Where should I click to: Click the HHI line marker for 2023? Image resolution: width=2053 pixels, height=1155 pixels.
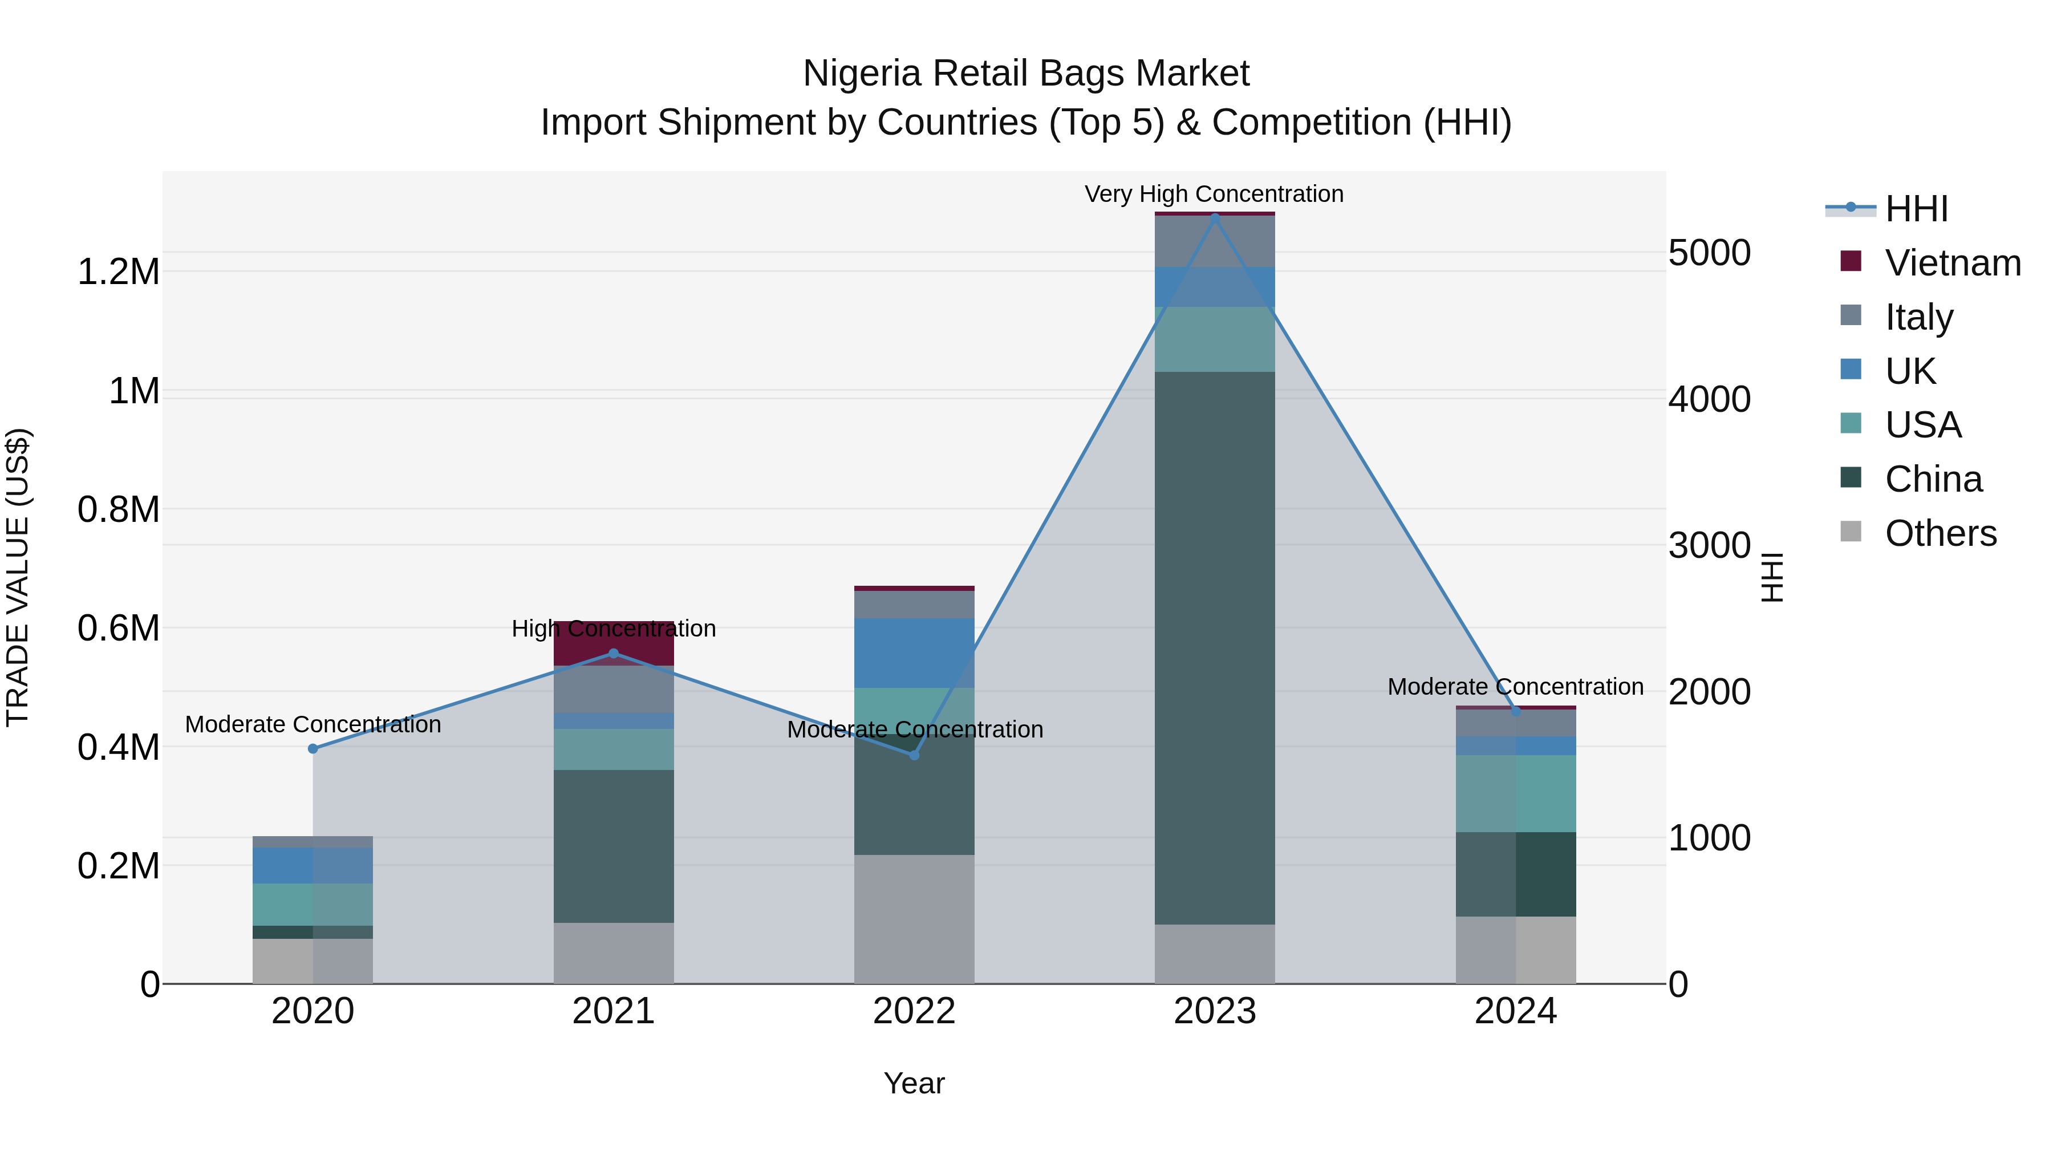tap(1215, 217)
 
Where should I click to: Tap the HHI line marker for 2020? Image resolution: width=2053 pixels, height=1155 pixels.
tap(313, 748)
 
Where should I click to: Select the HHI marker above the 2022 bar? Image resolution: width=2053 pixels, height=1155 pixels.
tap(914, 755)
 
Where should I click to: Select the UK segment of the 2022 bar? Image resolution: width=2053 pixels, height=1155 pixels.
tap(914, 652)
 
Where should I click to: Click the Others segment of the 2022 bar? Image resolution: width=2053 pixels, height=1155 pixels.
tap(914, 918)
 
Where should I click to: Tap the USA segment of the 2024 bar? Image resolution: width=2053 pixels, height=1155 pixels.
tap(1515, 793)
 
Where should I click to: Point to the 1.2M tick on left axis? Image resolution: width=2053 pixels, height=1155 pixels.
tap(118, 272)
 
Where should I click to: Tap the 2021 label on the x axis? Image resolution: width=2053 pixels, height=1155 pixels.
tap(614, 1011)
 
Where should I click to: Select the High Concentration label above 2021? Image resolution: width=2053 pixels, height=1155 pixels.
tap(614, 628)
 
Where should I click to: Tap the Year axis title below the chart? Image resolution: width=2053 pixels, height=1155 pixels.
tap(914, 1083)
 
